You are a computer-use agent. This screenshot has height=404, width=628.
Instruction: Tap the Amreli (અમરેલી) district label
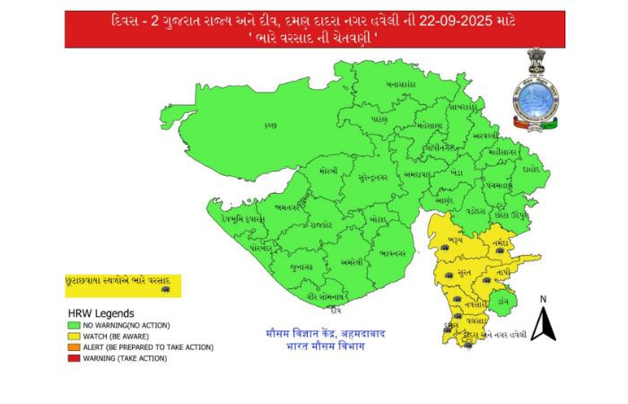tap(352, 262)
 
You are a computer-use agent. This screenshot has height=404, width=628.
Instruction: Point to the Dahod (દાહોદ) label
tap(531, 168)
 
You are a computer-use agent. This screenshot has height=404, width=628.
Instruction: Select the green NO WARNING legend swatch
tap(72, 324)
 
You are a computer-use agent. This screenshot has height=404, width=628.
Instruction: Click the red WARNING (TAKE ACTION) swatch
tap(72, 357)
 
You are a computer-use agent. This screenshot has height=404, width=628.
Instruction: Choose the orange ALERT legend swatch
tap(72, 347)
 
